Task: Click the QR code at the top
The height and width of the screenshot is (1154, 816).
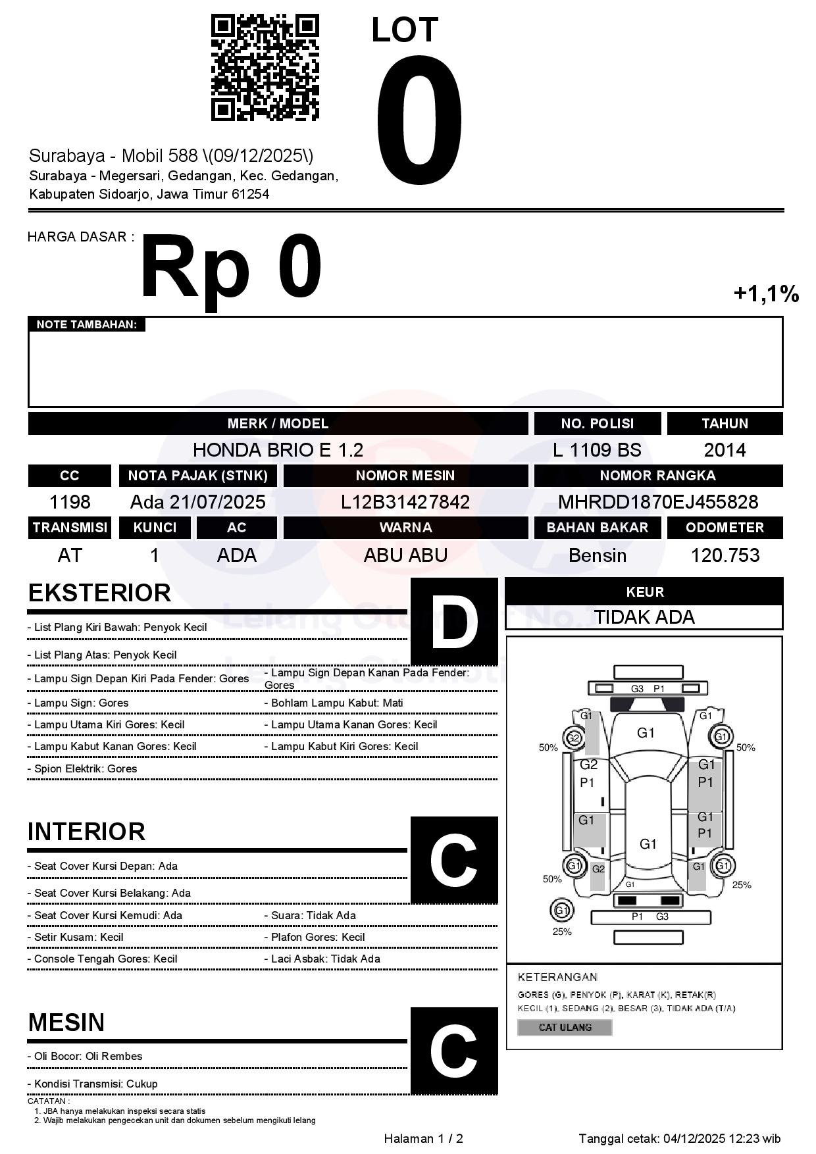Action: (265, 68)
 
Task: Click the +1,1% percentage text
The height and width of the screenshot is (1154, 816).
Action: (766, 293)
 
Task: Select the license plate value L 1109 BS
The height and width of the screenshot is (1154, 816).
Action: (597, 450)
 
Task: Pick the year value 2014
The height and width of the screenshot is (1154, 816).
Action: (725, 450)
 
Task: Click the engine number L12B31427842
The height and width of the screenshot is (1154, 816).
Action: (405, 502)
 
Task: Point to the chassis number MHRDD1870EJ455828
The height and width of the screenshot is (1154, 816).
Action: (658, 502)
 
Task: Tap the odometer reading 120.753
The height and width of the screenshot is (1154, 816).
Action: (725, 555)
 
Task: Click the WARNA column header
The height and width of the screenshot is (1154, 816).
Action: (405, 528)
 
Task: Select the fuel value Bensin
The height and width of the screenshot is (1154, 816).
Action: (597, 555)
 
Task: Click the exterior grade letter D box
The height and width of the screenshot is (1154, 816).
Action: (454, 622)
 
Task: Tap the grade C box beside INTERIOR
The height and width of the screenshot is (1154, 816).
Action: (454, 860)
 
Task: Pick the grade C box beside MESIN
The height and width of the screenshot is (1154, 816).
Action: (454, 1051)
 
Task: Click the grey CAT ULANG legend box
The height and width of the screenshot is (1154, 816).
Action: (565, 1027)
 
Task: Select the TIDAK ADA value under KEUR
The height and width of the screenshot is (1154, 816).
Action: (644, 617)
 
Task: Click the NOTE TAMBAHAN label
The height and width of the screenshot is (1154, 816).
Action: (86, 324)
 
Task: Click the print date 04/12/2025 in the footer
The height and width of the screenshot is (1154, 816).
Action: (694, 1138)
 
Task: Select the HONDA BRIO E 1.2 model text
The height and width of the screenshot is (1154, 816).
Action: (278, 450)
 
